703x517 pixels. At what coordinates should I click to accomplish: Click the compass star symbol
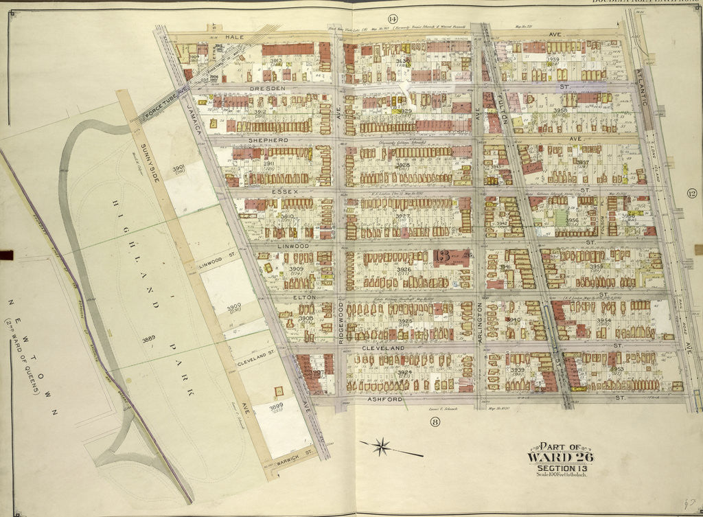(x=383, y=447)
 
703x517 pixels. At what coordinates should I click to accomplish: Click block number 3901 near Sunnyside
(x=178, y=168)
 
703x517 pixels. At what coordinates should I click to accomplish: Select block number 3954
(x=603, y=321)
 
